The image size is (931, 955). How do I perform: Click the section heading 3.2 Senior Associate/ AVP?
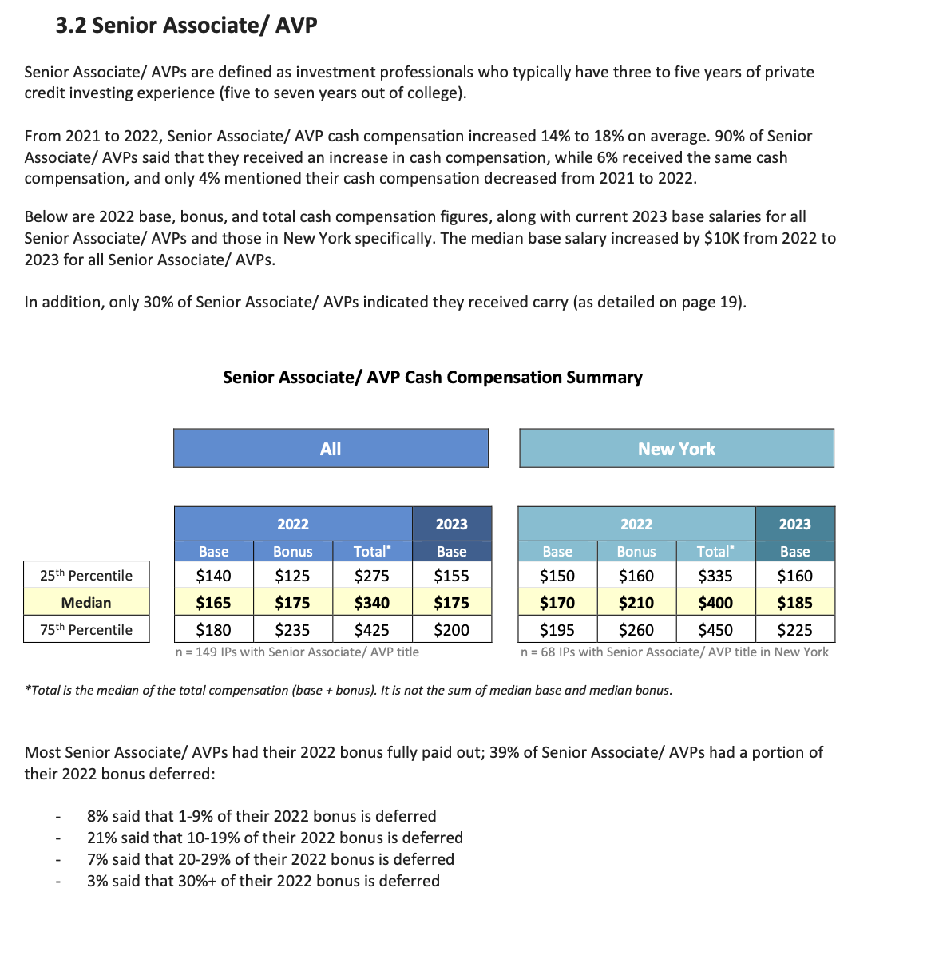186,26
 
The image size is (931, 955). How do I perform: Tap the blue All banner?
331,449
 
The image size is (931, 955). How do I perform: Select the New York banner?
676,449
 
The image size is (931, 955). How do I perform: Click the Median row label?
86,603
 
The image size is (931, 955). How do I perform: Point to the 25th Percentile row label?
86,576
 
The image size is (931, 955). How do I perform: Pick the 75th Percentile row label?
86,630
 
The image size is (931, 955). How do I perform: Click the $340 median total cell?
372,603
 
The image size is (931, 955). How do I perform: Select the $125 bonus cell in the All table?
292,576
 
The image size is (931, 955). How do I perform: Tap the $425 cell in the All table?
372,630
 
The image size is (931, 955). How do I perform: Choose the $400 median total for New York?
715,603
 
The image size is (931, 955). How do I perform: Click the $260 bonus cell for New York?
636,630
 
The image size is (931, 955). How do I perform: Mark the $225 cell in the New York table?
794,630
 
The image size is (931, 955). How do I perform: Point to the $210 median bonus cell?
636,603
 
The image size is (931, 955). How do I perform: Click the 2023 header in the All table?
452,524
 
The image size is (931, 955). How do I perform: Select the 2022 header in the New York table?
636,524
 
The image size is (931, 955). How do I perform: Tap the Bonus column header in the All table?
292,551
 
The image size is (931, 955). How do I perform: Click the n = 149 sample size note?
297,652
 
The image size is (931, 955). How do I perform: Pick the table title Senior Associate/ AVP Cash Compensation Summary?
432,378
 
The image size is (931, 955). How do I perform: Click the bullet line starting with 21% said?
275,838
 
